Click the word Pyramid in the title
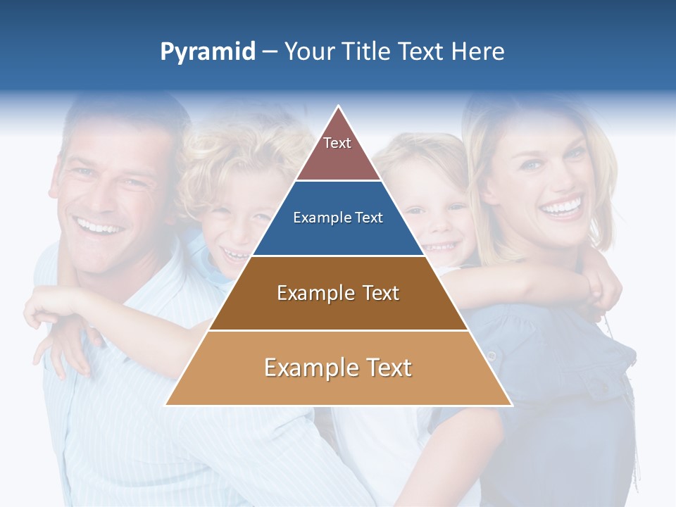[207, 52]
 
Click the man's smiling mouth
[99, 227]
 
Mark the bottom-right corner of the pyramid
[512, 405]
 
